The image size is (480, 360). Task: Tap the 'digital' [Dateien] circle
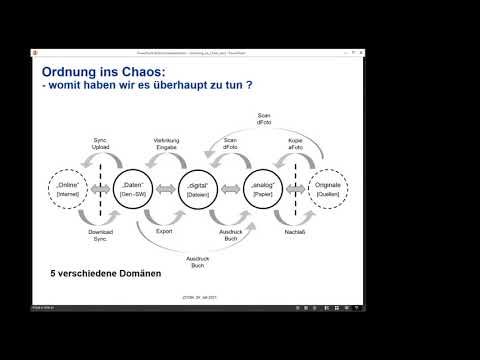point(199,187)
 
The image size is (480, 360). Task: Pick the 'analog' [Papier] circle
point(263,187)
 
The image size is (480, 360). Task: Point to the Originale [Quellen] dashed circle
point(328,187)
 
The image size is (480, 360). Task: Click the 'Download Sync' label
point(100,235)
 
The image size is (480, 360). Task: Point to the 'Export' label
point(166,231)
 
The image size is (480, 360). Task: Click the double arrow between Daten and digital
point(166,187)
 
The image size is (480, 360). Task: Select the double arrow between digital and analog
point(231,187)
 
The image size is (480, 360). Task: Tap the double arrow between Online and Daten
point(100,187)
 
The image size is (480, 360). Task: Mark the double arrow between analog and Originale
point(296,187)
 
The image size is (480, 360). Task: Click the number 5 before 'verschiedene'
point(53,272)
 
